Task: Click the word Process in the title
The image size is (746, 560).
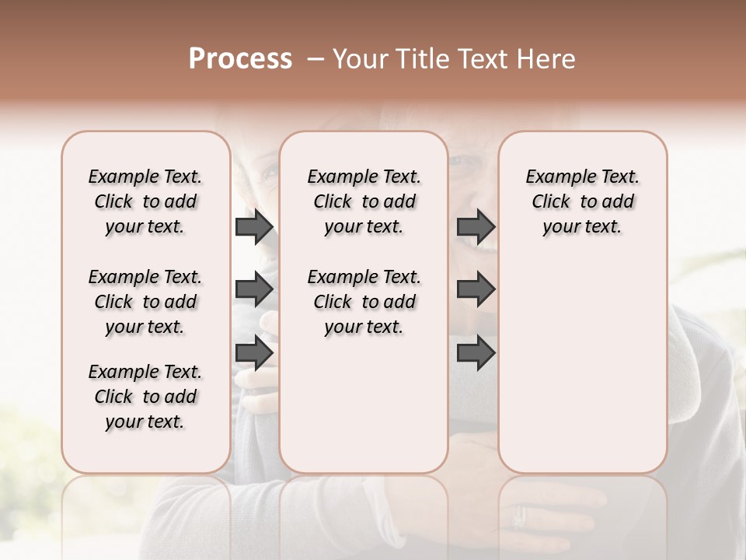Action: click(240, 59)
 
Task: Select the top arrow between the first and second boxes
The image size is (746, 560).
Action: click(254, 227)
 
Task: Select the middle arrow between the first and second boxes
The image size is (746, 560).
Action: click(254, 290)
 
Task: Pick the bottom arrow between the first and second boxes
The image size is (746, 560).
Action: click(254, 353)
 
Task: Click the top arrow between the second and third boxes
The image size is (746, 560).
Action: click(476, 227)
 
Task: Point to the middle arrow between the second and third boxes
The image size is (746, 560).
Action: click(476, 290)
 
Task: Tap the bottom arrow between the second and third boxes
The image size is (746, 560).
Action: click(476, 353)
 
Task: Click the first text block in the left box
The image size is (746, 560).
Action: click(145, 201)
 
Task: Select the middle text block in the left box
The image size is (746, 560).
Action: click(145, 302)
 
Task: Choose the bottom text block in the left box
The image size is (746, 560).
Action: click(145, 397)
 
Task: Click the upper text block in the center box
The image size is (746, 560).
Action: click(364, 201)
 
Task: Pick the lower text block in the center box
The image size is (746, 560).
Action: click(364, 302)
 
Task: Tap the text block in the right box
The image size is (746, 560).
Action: click(582, 201)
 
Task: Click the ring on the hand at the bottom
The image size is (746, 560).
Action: click(519, 516)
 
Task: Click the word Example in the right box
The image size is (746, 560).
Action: click(556, 177)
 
